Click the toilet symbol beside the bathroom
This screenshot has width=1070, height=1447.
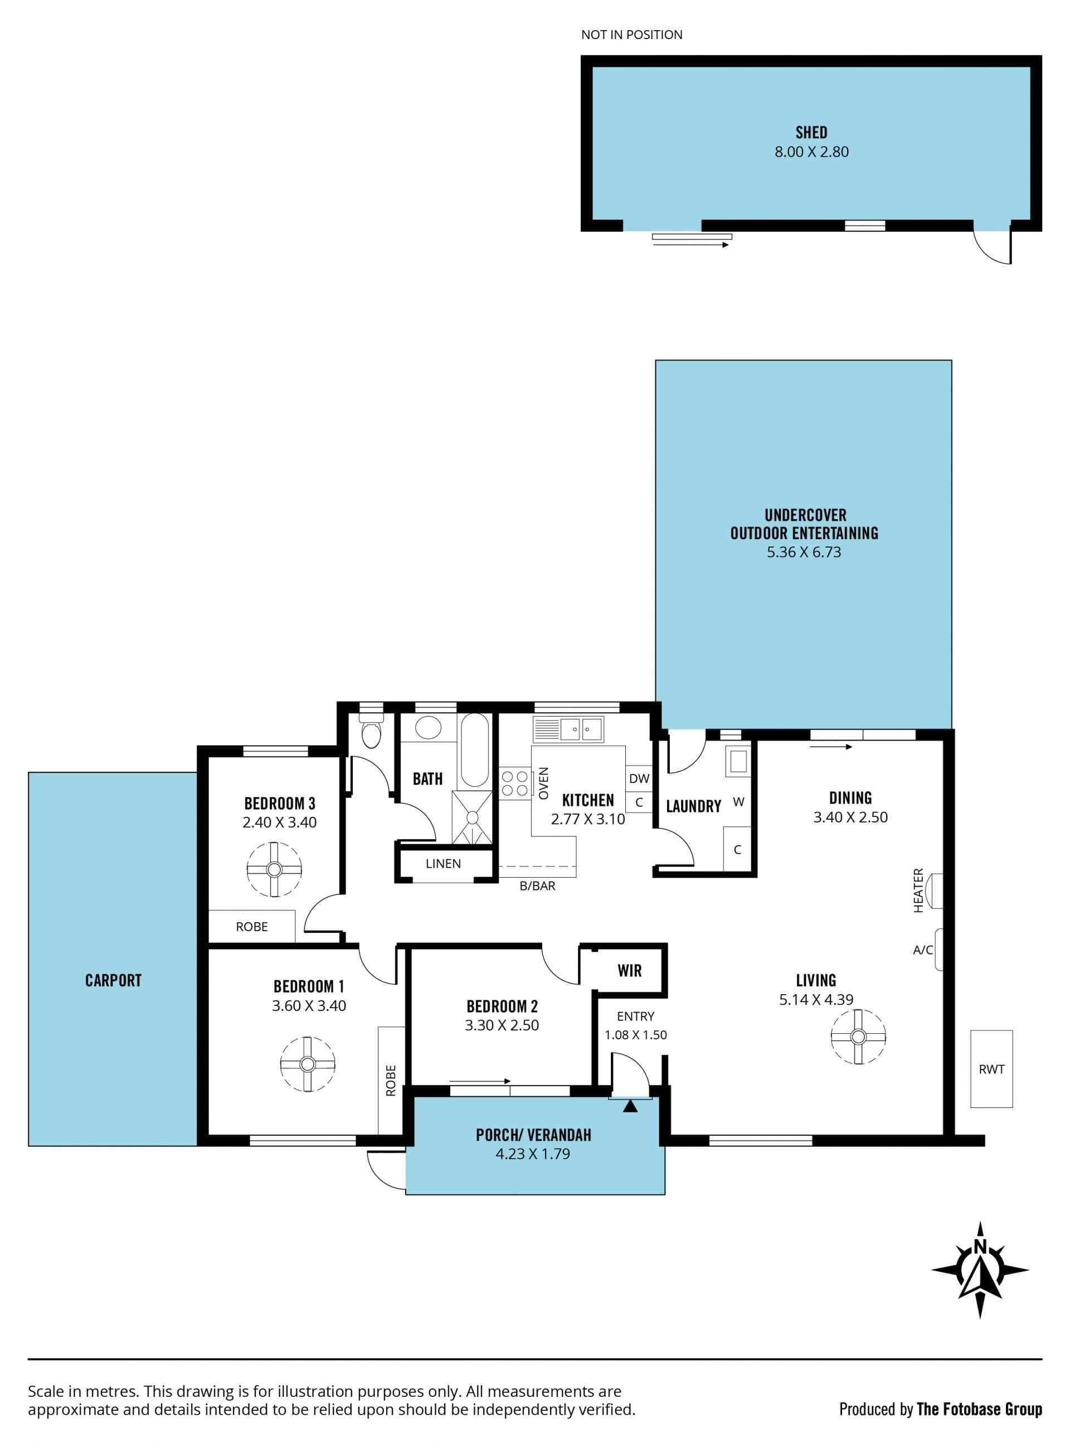pyautogui.click(x=371, y=730)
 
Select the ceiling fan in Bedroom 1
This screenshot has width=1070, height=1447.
pyautogui.click(x=308, y=1064)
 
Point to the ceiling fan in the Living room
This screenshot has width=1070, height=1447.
pyautogui.click(x=858, y=1037)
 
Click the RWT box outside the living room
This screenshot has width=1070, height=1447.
pyautogui.click(x=991, y=1069)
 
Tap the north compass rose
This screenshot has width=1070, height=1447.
pyautogui.click(x=980, y=1270)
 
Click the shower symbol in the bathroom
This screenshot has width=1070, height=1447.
pyautogui.click(x=472, y=818)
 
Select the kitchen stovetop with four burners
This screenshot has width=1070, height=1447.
pyautogui.click(x=515, y=783)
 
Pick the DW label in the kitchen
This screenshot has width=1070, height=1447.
pyautogui.click(x=639, y=779)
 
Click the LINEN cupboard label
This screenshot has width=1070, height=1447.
pyautogui.click(x=443, y=864)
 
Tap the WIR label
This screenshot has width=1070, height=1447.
pyautogui.click(x=630, y=971)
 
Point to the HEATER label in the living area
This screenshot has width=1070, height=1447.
pyautogui.click(x=918, y=891)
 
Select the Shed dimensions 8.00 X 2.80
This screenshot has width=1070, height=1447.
pyautogui.click(x=811, y=152)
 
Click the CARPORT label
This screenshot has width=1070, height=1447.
pyautogui.click(x=113, y=980)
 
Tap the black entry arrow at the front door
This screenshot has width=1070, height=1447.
pyautogui.click(x=630, y=1106)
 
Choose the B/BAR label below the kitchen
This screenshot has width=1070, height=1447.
pyautogui.click(x=538, y=886)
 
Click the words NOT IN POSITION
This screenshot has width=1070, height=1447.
pyautogui.click(x=631, y=35)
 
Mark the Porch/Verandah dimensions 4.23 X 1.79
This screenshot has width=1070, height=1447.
pyautogui.click(x=533, y=1154)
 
